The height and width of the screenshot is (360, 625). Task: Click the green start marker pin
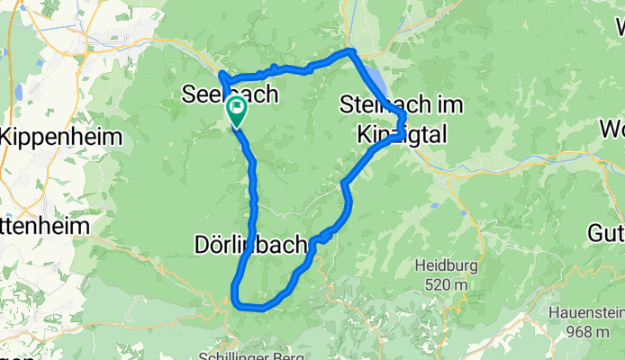pyautogui.click(x=236, y=112)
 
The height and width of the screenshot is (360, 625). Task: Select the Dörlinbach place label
pyautogui.click(x=251, y=244)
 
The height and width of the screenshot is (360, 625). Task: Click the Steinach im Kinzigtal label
pyautogui.click(x=402, y=118)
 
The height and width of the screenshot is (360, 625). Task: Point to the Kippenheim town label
pyautogui.click(x=57, y=137)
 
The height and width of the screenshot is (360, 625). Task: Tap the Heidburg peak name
pyautogui.click(x=442, y=265)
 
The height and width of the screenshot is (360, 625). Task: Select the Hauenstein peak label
pyautogui.click(x=586, y=315)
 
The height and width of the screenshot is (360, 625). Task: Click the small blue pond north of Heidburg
pyautogui.click(x=433, y=205)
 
